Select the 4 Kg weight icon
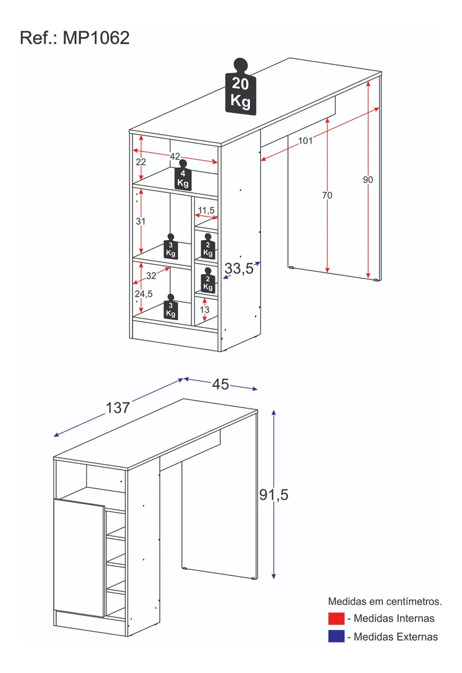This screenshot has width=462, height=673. click(x=183, y=177)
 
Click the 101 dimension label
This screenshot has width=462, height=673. click(x=305, y=141)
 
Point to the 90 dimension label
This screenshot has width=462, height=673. click(x=368, y=180)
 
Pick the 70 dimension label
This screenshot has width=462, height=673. click(x=327, y=195)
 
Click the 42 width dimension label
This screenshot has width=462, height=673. click(x=175, y=156)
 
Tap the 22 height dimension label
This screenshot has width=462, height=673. click(x=141, y=162)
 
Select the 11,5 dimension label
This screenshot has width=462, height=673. click(x=206, y=210)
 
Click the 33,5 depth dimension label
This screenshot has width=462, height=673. click(x=239, y=269)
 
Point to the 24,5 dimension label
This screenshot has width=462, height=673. click(x=143, y=294)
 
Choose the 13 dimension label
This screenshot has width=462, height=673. click(x=204, y=310)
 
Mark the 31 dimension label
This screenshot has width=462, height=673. click(x=141, y=222)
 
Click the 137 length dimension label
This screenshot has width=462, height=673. click(x=118, y=408)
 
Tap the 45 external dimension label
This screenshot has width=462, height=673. click(x=221, y=384)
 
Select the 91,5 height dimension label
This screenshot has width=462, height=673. click(x=273, y=495)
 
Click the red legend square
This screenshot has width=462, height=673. click(x=336, y=619)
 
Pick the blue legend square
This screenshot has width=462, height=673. click(x=336, y=637)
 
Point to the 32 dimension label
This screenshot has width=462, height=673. click(x=151, y=276)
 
